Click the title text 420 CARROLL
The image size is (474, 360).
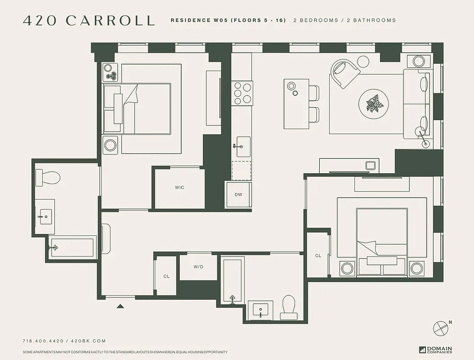tap(89, 21)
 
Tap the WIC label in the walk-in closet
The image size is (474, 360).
tap(179, 188)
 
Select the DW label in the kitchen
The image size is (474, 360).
tap(238, 195)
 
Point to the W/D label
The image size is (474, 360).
tap(198, 267)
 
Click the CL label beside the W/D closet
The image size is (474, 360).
tap(166, 276)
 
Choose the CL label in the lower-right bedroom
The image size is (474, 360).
tap(318, 256)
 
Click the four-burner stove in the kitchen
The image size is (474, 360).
tap(241, 93)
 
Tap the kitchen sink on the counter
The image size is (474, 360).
tap(243, 147)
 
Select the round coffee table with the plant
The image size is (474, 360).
tap(374, 104)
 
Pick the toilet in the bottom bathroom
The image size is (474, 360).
tap(288, 306)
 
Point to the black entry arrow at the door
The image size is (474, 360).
tap(120, 306)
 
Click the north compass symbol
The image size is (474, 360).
tap(440, 328)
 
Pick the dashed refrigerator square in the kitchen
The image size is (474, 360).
tap(241, 170)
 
